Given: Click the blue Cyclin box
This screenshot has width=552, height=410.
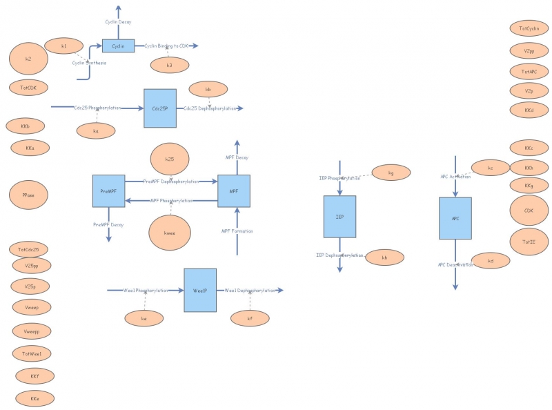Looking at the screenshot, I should point(118,46).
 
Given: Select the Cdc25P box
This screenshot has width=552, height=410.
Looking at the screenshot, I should point(160,108).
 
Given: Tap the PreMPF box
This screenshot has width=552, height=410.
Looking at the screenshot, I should point(108,191).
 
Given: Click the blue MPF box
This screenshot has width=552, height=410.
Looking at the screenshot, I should point(234,191).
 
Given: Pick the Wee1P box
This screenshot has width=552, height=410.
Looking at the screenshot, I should point(200,291).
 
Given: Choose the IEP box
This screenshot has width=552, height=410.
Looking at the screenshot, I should point(339,217).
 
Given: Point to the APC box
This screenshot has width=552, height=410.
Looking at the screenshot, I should point(455,218).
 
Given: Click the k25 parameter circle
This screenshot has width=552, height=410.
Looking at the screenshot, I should point(169,160).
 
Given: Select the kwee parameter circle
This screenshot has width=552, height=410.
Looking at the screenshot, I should point(169,233).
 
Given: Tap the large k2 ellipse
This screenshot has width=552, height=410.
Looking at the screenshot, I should point(28,59).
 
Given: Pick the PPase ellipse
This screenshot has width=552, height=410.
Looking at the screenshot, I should point(28,195).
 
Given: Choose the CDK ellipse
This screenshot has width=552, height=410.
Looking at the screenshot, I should point(529,211).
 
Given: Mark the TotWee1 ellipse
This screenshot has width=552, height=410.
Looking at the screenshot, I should point(32,353).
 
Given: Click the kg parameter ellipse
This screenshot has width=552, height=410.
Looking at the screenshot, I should point(391,173).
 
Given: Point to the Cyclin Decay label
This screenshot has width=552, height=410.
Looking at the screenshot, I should point(118,22).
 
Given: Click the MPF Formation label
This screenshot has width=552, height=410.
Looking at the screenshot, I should point(237,231).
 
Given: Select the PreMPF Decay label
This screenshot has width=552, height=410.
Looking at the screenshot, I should point(108,224).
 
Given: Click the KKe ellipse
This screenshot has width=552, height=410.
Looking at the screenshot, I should point(34,398).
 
